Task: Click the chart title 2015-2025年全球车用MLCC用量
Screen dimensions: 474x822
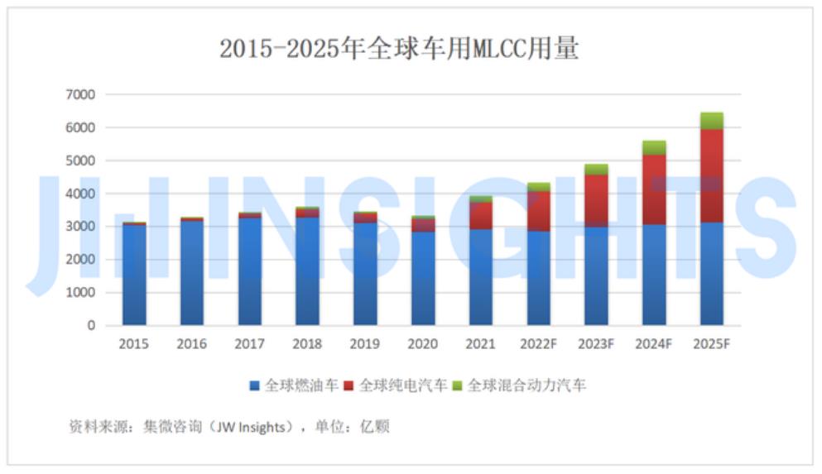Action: [x=399, y=49]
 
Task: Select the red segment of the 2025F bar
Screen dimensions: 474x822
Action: [x=711, y=175]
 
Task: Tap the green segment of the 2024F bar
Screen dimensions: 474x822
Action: [x=654, y=148]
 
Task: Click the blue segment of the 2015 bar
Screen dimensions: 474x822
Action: [x=134, y=275]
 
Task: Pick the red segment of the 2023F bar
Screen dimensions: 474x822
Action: [x=596, y=200]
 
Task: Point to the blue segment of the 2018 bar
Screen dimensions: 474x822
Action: [x=307, y=271]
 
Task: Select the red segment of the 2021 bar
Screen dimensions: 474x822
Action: [x=480, y=215]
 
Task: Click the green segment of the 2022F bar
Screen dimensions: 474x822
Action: [x=538, y=187]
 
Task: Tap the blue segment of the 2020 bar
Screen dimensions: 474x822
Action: [x=423, y=278]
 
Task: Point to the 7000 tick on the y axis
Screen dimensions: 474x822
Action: [x=80, y=95]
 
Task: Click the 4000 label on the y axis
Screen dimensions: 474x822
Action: [x=80, y=194]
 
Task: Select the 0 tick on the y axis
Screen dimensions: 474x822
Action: [x=91, y=326]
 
